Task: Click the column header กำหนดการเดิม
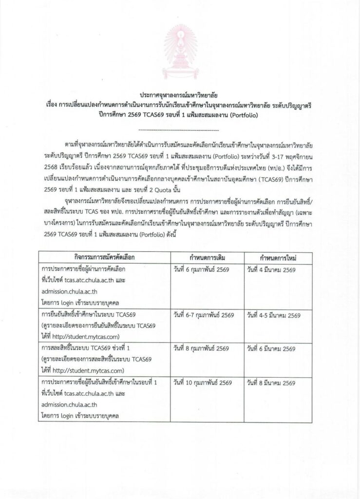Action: click(x=204, y=256)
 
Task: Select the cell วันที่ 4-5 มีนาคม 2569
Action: click(x=274, y=315)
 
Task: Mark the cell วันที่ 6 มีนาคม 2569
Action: click(x=271, y=349)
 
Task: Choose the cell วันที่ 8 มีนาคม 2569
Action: click(x=271, y=383)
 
